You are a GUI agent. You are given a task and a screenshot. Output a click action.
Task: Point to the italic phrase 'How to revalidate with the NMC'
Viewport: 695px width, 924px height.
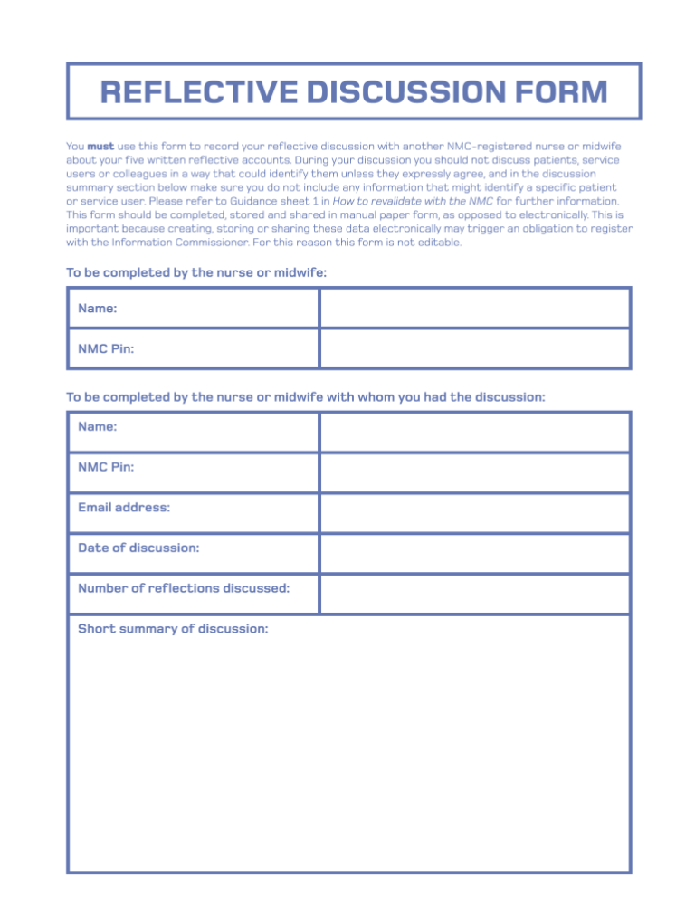(414, 201)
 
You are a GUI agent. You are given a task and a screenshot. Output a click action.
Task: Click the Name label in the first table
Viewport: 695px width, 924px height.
(97, 309)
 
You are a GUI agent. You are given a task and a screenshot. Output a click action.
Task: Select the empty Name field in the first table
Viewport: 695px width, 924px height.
(474, 309)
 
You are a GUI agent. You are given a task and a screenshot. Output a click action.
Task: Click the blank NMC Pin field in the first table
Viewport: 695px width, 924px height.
(474, 348)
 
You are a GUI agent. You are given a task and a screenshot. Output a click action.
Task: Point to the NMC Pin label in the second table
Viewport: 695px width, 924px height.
(106, 467)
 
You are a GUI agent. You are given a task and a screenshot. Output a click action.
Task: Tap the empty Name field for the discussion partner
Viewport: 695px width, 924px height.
(474, 432)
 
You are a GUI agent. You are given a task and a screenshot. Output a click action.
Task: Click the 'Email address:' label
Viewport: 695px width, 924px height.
(124, 508)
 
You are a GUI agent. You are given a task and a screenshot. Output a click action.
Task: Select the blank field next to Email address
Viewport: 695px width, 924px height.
(474, 513)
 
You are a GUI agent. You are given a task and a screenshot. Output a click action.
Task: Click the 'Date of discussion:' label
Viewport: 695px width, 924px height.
(138, 548)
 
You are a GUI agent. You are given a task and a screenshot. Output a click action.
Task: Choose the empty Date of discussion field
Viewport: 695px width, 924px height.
(474, 553)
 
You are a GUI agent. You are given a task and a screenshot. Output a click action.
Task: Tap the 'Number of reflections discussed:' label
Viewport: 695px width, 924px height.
(184, 588)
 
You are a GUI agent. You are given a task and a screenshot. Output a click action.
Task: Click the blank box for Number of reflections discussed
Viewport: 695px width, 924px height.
(474, 594)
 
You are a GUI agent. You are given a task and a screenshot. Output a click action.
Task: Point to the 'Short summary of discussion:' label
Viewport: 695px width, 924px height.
(173, 629)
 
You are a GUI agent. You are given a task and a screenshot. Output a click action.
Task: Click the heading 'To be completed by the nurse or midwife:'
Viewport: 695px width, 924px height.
(196, 272)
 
